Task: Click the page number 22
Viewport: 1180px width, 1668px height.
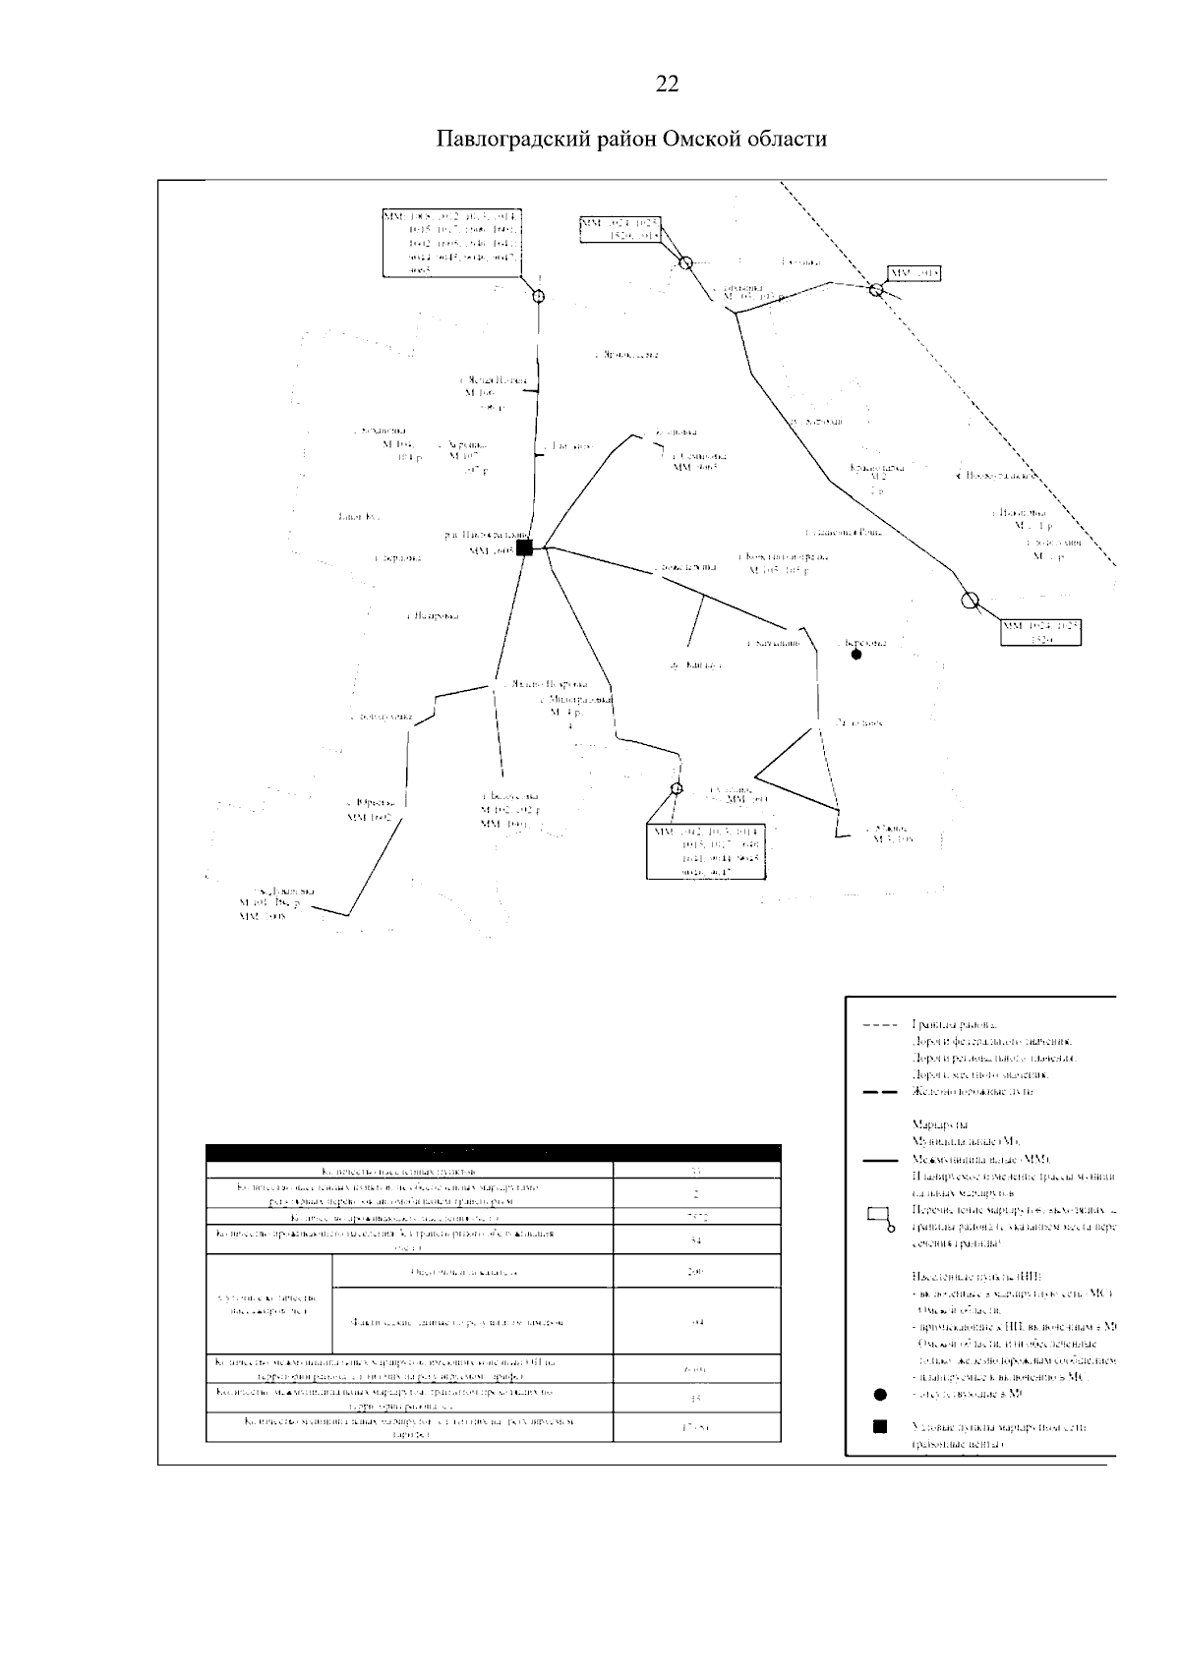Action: tap(667, 85)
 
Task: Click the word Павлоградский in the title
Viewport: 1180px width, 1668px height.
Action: tap(512, 139)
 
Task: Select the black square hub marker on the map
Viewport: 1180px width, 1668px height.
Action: tap(524, 547)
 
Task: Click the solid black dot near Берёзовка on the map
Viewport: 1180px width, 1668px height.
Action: tap(856, 654)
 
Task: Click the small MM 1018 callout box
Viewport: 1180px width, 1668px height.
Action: tap(914, 271)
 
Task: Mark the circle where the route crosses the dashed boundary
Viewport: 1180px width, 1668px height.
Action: tap(876, 289)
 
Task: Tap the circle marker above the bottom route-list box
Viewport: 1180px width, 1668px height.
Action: tap(677, 788)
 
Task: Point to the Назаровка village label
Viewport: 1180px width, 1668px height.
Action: tap(433, 616)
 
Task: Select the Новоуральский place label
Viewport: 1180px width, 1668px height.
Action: tap(996, 476)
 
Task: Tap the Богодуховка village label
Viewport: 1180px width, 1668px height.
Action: tap(381, 718)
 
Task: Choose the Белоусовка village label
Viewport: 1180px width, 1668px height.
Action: tap(509, 796)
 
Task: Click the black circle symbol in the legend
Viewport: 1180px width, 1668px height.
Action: tap(880, 1394)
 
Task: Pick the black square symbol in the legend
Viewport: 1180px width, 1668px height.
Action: tap(880, 1426)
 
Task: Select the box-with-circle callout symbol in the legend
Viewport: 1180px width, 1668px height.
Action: tap(880, 1219)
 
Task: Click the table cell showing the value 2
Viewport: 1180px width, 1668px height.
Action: tap(696, 1195)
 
